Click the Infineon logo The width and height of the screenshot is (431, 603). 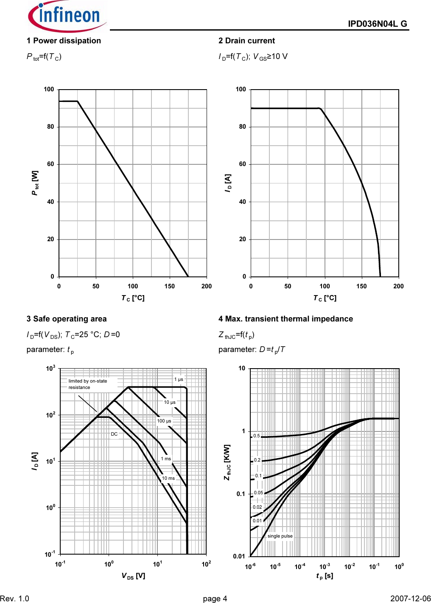tap(67, 16)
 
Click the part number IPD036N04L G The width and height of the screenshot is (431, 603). tap(377, 24)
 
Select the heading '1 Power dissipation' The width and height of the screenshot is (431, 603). tap(64, 41)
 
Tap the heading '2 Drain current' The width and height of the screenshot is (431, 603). tap(246, 41)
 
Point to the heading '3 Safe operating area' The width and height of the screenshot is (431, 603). tap(67, 319)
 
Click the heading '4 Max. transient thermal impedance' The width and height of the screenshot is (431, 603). tap(285, 319)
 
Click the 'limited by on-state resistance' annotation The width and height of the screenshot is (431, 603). tap(87, 384)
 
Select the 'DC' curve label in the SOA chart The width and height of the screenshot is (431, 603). tap(114, 434)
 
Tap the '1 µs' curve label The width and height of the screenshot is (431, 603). tap(179, 379)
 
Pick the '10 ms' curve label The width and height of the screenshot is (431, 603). tap(168, 478)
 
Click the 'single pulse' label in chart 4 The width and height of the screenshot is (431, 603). tap(280, 536)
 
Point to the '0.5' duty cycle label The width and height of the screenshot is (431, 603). tap(256, 436)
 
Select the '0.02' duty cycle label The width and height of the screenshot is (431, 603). tap(257, 507)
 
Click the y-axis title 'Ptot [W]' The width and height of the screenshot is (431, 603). tap(35, 183)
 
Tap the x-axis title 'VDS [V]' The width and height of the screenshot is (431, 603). tap(133, 576)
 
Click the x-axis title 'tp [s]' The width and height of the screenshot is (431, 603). tap(325, 576)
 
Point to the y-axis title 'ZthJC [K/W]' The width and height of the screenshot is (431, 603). tap(227, 462)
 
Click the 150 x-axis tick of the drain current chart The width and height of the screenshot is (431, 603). tap(361, 286)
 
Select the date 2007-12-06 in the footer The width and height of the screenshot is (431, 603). tap(410, 598)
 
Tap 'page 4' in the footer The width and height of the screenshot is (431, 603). tap(215, 598)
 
